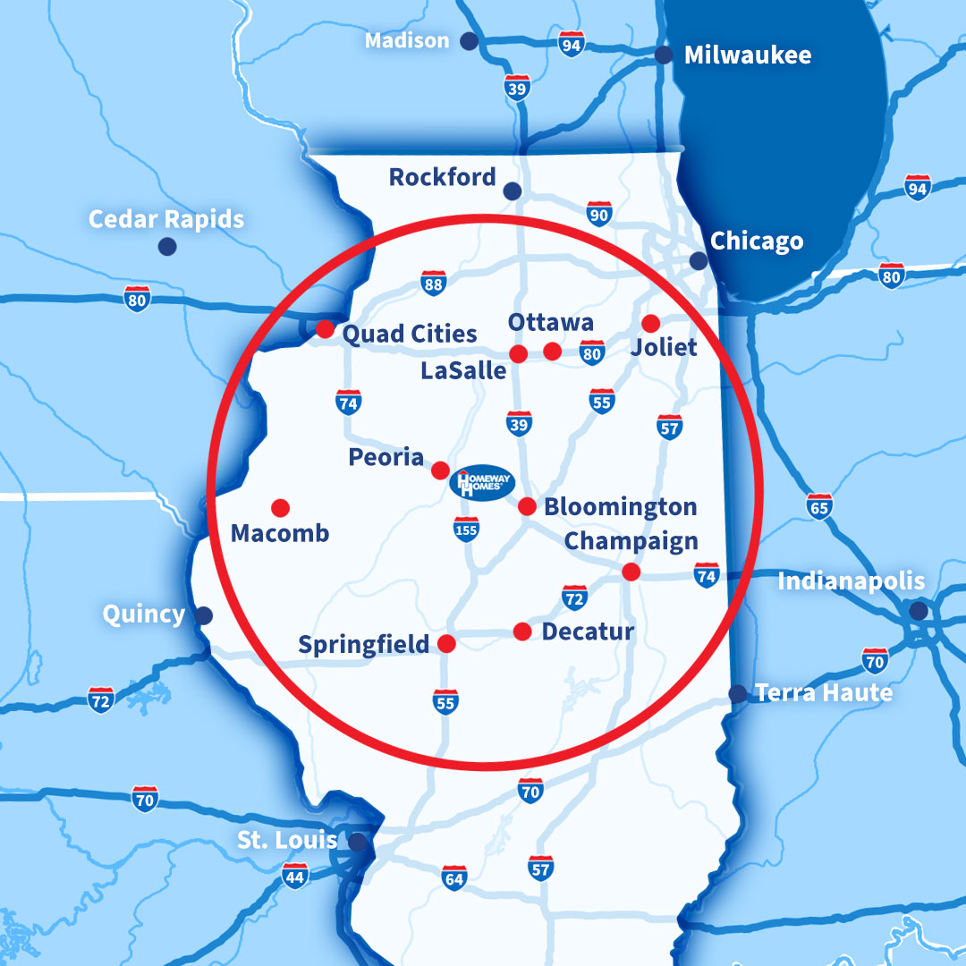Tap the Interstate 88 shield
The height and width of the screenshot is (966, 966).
tap(433, 284)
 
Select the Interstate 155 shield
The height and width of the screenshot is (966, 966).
tap(466, 529)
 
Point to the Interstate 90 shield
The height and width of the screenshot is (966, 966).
tap(599, 214)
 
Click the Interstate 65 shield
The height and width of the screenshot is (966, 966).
tap(818, 506)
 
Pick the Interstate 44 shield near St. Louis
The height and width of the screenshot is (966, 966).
tap(294, 876)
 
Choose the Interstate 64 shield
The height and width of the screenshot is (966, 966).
tap(454, 877)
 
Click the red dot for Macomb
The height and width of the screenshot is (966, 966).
tap(280, 507)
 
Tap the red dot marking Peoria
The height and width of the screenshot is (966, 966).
tap(440, 470)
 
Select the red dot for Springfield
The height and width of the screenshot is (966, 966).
tap(446, 643)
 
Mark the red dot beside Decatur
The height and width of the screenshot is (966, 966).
tap(522, 631)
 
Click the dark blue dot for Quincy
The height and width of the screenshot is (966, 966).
tap(204, 615)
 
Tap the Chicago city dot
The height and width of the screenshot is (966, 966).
tap(699, 260)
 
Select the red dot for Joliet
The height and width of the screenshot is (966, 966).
tap(650, 323)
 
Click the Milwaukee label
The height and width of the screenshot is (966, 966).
tap(748, 55)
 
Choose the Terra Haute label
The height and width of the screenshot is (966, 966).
tap(823, 693)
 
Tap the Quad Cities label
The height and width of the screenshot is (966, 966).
tap(410, 335)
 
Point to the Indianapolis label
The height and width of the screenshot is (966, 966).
tap(851, 581)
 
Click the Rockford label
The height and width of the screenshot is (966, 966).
tap(442, 177)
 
